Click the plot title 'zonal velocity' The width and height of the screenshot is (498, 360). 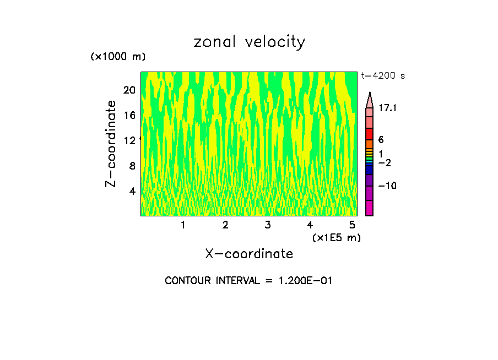point(249,42)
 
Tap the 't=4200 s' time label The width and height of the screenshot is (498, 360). point(383,76)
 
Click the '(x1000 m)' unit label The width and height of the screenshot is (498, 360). point(117,57)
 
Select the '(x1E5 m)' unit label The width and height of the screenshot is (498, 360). point(336,237)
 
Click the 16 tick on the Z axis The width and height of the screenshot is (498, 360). point(129,115)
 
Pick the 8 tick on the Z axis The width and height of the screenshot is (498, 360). point(132,166)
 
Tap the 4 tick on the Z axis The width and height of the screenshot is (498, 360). point(132,191)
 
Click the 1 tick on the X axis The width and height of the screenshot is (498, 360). point(183,225)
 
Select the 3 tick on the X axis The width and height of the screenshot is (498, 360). point(268,225)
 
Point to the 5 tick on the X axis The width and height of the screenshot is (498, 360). point(352,225)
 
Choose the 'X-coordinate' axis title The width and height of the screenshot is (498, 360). point(249,254)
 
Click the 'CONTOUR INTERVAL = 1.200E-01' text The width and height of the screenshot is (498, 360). point(248,281)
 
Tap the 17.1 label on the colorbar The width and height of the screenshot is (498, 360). point(388,108)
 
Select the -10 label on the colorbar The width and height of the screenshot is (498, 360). point(387,186)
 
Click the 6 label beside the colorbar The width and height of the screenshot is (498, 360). point(381,140)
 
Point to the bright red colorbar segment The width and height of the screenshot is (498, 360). point(369,134)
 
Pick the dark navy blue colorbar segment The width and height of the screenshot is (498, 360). point(369,170)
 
